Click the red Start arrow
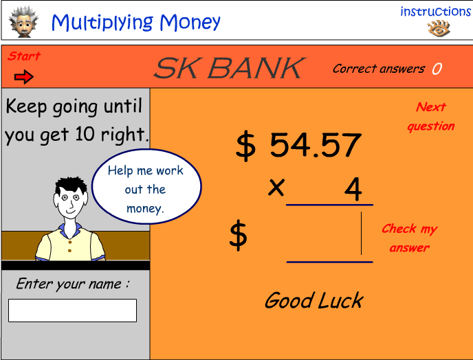click(24, 77)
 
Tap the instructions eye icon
click(439, 28)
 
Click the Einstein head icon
click(23, 22)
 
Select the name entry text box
click(72, 311)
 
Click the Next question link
click(431, 116)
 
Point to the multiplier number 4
click(353, 189)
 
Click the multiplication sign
click(276, 188)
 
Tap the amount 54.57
click(316, 145)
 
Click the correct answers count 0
click(437, 69)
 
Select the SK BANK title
click(230, 68)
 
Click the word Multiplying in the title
click(102, 22)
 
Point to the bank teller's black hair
click(71, 185)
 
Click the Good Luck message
click(314, 300)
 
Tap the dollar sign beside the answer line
click(239, 235)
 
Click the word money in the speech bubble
click(145, 208)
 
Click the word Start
click(24, 56)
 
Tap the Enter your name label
click(73, 284)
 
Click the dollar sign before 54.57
click(245, 146)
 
